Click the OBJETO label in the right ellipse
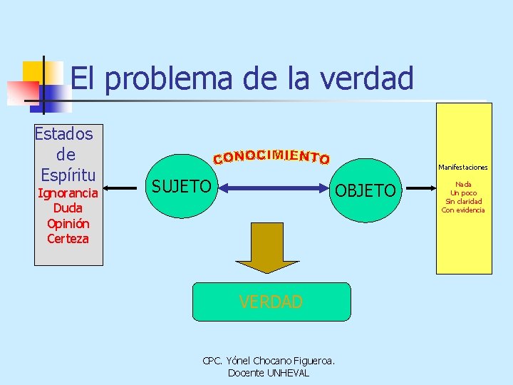pyautogui.click(x=365, y=190)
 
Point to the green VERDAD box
pyautogui.click(x=271, y=302)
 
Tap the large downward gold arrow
pyautogui.click(x=271, y=247)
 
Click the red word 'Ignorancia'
pyautogui.click(x=68, y=192)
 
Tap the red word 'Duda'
pyautogui.click(x=68, y=208)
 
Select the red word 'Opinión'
pyautogui.click(x=68, y=223)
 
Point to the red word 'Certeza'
pyautogui.click(x=68, y=239)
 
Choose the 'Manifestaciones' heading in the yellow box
pyautogui.click(x=463, y=168)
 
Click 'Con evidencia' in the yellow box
pyautogui.click(x=463, y=210)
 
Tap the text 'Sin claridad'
pyautogui.click(x=463, y=201)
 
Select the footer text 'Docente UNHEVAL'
pyautogui.click(x=269, y=373)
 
